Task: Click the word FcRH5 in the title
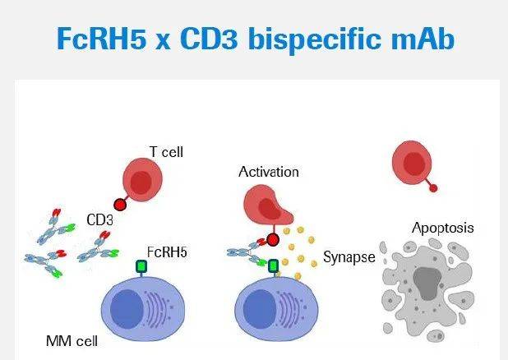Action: [101, 39]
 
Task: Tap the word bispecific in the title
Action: [315, 39]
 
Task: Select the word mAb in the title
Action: [423, 39]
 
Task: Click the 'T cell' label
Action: [166, 152]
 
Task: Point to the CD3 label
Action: [99, 220]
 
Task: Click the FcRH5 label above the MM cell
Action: [167, 252]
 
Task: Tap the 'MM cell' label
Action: [72, 341]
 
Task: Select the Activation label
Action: [269, 172]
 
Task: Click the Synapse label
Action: [349, 257]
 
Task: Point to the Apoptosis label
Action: [442, 228]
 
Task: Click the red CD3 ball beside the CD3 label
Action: [120, 205]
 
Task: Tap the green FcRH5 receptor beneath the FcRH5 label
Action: [141, 266]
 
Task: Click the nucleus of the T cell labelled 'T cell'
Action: [141, 182]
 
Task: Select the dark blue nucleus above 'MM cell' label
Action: [127, 309]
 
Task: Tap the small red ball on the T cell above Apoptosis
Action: [433, 188]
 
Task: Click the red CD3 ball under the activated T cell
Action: [273, 240]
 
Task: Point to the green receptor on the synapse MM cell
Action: [274, 266]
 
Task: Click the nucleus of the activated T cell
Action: [270, 209]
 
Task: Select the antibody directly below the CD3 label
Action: [99, 247]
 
